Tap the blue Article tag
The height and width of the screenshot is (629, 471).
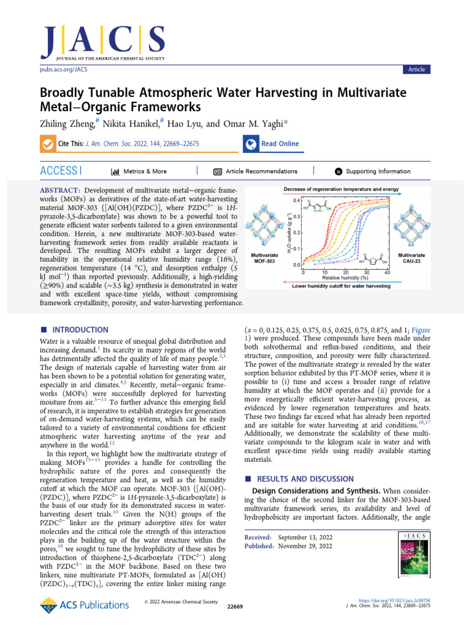(416, 69)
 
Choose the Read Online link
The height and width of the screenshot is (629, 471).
(280, 144)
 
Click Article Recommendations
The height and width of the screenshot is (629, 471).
(261, 171)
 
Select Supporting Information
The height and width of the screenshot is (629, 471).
(378, 171)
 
